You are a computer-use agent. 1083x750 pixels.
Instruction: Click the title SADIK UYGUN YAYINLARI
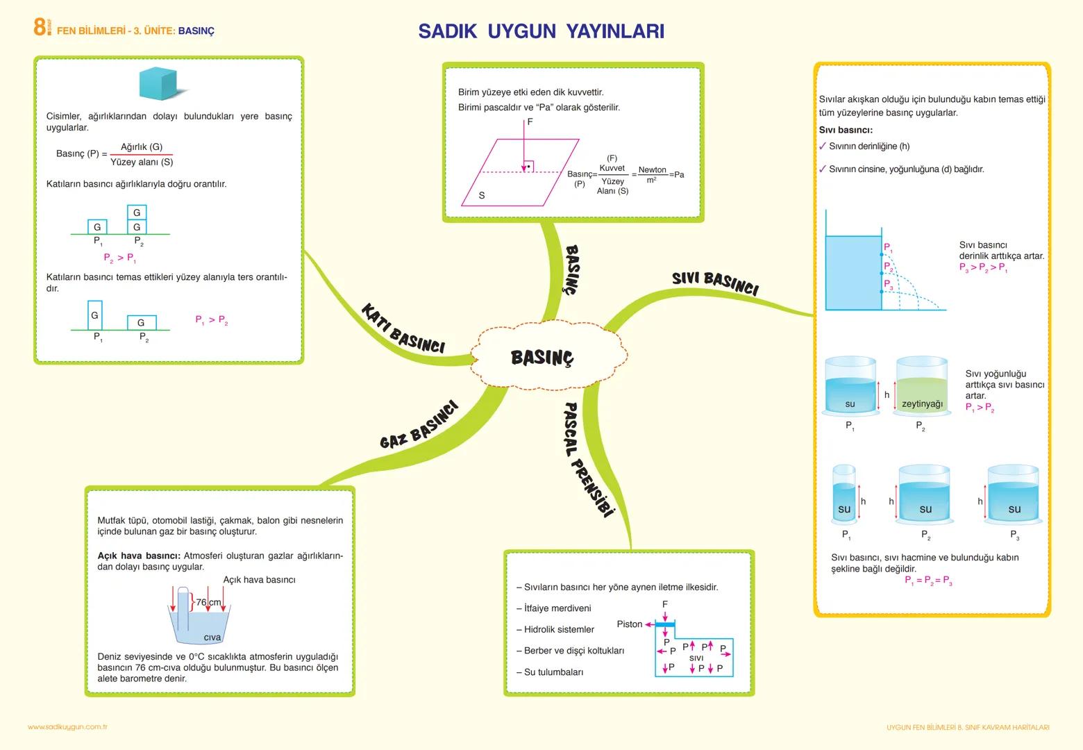[541, 31]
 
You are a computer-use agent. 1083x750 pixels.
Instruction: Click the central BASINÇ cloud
[542, 358]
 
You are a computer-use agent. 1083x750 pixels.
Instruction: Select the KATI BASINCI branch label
[403, 328]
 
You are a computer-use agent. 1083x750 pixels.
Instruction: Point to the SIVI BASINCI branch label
[714, 283]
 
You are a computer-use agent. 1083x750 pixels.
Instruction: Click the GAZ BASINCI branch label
[419, 425]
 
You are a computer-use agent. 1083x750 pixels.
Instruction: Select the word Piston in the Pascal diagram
[629, 624]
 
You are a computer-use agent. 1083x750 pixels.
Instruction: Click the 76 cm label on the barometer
[208, 602]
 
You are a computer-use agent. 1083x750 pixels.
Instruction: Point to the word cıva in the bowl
[212, 637]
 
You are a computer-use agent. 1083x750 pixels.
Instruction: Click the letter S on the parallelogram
[482, 196]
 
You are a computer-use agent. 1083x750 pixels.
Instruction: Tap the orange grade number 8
[40, 27]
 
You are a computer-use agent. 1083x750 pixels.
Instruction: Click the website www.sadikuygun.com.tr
[67, 727]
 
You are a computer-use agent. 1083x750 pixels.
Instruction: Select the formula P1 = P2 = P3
[928, 581]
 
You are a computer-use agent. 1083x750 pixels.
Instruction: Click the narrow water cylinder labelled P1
[844, 494]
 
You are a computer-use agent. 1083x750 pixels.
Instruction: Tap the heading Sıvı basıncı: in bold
[845, 130]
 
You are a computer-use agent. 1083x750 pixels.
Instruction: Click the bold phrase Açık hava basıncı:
[139, 556]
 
